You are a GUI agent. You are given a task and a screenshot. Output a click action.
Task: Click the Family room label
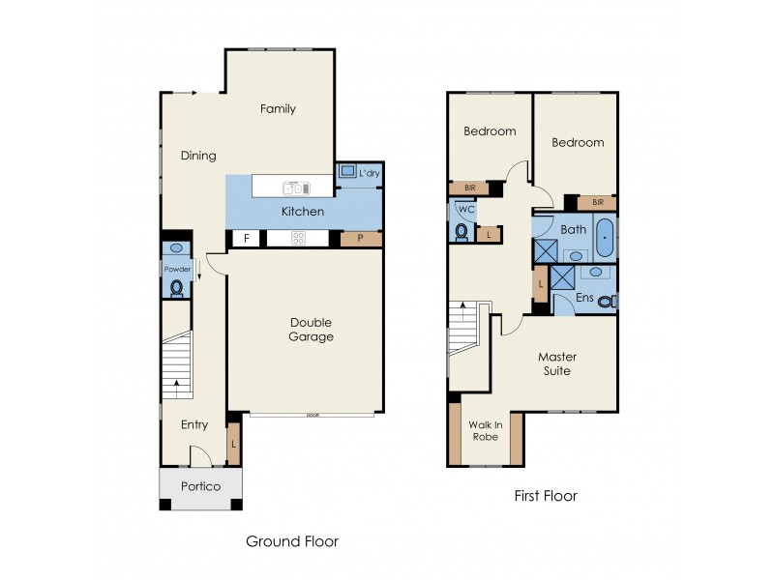coord(278,109)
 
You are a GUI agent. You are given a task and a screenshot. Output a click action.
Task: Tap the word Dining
coord(198,156)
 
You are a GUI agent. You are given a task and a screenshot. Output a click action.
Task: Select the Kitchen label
coord(302,212)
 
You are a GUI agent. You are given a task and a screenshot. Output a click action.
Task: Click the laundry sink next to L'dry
coord(347,172)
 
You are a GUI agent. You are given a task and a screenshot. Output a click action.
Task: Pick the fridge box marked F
coord(246,238)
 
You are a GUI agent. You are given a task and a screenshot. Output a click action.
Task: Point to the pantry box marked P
coord(361,238)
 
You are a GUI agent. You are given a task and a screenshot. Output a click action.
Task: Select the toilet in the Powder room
coord(176,287)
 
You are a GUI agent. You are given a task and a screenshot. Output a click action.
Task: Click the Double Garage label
coord(312,330)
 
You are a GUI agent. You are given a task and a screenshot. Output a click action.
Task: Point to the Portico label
coord(200,487)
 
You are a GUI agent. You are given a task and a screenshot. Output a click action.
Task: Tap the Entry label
coord(194,424)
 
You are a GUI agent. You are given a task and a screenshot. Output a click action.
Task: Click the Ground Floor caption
coord(291,541)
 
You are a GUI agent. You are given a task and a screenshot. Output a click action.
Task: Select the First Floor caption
coord(545,497)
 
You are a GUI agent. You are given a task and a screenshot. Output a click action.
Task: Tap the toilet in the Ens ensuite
coord(606,302)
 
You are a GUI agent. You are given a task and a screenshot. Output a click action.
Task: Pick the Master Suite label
coord(554,363)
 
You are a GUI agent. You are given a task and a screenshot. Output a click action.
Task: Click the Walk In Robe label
coord(486,429)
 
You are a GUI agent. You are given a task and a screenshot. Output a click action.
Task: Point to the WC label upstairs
coord(465,209)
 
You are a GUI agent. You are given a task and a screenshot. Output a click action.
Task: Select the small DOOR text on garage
coord(312,415)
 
